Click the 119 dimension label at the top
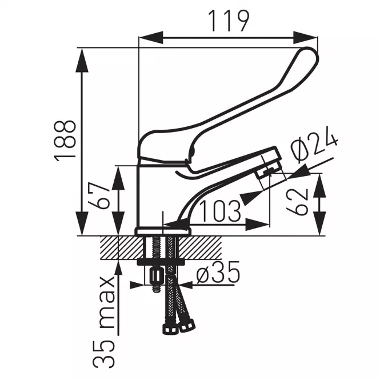pyautogui.click(x=229, y=21)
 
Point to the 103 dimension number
pyautogui.click(x=220, y=211)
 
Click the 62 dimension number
pyautogui.click(x=298, y=202)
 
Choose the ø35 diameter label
pyautogui.click(x=218, y=272)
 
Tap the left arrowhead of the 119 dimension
pyautogui.click(x=151, y=38)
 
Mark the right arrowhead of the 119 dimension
pyautogui.click(x=305, y=38)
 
